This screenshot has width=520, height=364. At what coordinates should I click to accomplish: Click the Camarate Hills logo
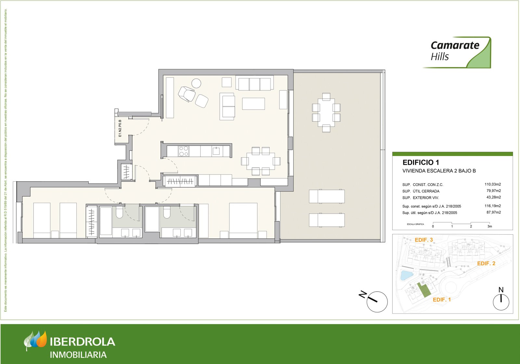(x=457, y=52)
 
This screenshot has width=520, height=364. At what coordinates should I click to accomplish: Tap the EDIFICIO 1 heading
(x=421, y=162)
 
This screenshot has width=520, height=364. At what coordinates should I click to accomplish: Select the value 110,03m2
(x=492, y=184)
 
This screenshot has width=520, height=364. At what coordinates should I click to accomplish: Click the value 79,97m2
(x=493, y=191)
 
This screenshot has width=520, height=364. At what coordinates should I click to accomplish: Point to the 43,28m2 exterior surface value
(x=493, y=197)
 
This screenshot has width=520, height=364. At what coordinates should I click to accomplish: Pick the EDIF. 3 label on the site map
(x=423, y=240)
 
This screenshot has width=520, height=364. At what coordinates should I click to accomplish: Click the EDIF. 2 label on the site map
(x=486, y=264)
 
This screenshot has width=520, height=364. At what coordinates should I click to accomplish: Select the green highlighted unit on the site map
(x=423, y=290)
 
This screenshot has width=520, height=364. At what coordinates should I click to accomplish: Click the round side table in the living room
(x=196, y=84)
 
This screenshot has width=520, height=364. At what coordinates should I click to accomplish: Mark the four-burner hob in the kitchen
(x=184, y=151)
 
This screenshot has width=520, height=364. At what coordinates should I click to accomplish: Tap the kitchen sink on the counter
(x=216, y=151)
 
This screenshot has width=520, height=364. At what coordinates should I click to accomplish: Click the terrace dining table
(x=326, y=112)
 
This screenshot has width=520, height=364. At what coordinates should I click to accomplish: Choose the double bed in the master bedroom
(x=243, y=220)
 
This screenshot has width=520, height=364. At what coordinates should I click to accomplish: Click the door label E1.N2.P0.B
(x=120, y=128)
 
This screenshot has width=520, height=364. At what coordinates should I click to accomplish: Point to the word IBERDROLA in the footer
(x=83, y=342)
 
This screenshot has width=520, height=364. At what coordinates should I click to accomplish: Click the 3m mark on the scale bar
(x=489, y=226)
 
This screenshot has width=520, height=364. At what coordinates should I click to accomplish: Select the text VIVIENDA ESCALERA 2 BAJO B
(x=439, y=171)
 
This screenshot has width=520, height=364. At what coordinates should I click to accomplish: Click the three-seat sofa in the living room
(x=254, y=84)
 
